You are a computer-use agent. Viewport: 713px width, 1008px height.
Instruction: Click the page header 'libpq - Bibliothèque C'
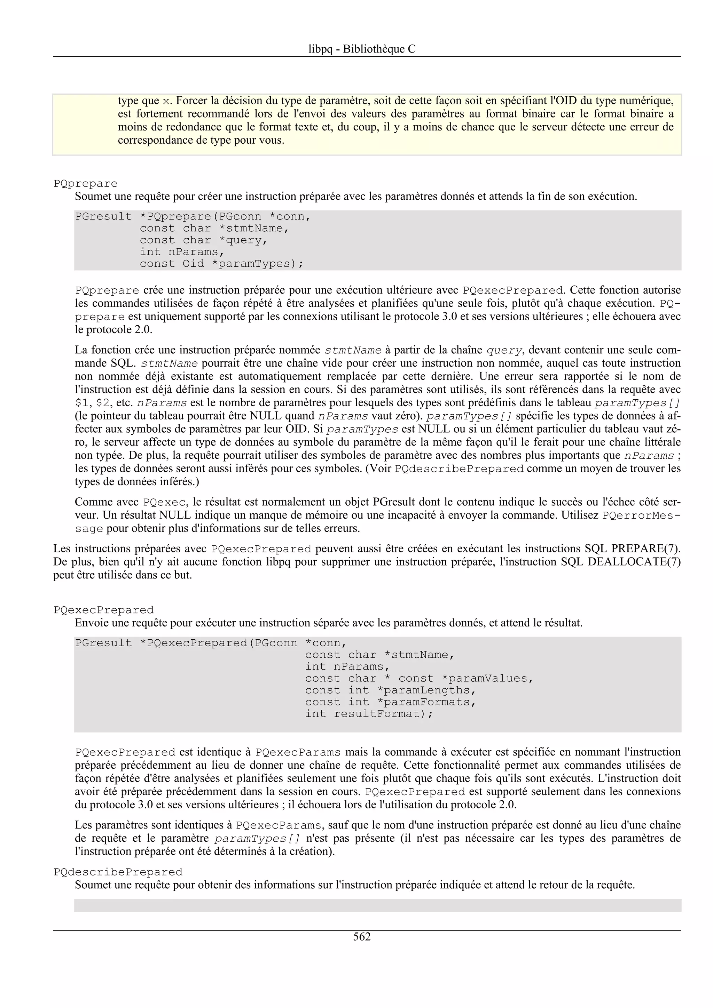[362, 49]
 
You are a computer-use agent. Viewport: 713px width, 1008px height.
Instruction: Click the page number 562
[362, 936]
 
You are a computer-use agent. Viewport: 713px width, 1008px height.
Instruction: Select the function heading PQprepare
[86, 184]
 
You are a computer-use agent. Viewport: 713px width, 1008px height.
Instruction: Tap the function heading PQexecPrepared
[104, 610]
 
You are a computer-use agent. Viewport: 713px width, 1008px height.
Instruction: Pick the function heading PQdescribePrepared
[118, 871]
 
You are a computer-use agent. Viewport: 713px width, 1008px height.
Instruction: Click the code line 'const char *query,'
[203, 240]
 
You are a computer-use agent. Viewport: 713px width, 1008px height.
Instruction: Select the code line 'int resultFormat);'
[369, 713]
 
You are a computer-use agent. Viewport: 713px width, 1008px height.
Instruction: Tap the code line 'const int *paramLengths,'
[391, 690]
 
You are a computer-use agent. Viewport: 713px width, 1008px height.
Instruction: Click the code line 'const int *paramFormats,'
[391, 702]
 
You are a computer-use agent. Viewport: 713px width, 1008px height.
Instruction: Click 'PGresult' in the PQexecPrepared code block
[103, 643]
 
